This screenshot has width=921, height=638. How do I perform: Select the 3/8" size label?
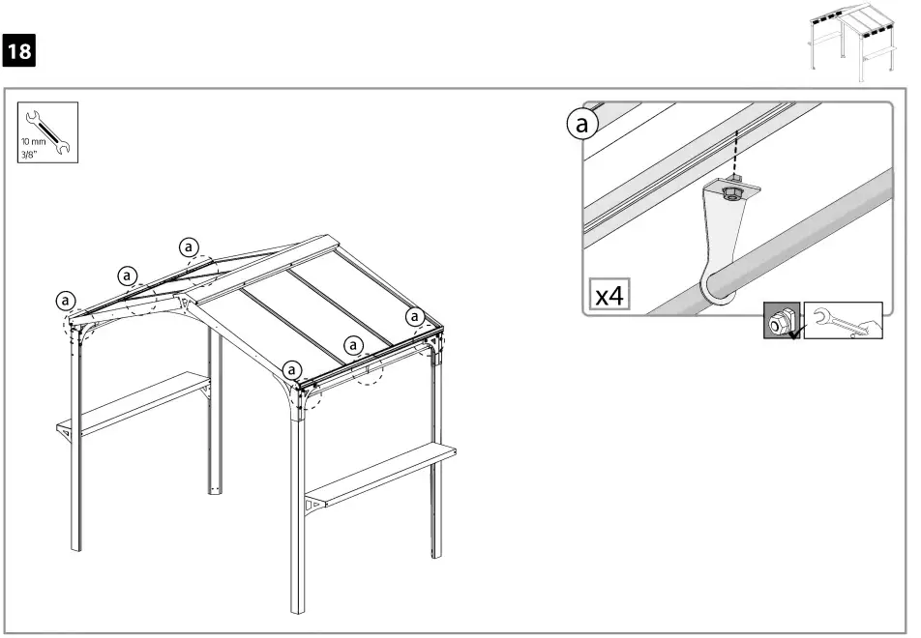pos(30,151)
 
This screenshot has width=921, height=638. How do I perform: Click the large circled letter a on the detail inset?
pos(581,125)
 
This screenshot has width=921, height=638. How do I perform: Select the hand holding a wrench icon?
pos(842,321)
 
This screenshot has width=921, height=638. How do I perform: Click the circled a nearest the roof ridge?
pos(190,247)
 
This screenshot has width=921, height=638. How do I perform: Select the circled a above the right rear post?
pos(415,316)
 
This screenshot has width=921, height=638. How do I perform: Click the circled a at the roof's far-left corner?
pos(66,301)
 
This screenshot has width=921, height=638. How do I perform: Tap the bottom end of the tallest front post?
pos(298,609)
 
